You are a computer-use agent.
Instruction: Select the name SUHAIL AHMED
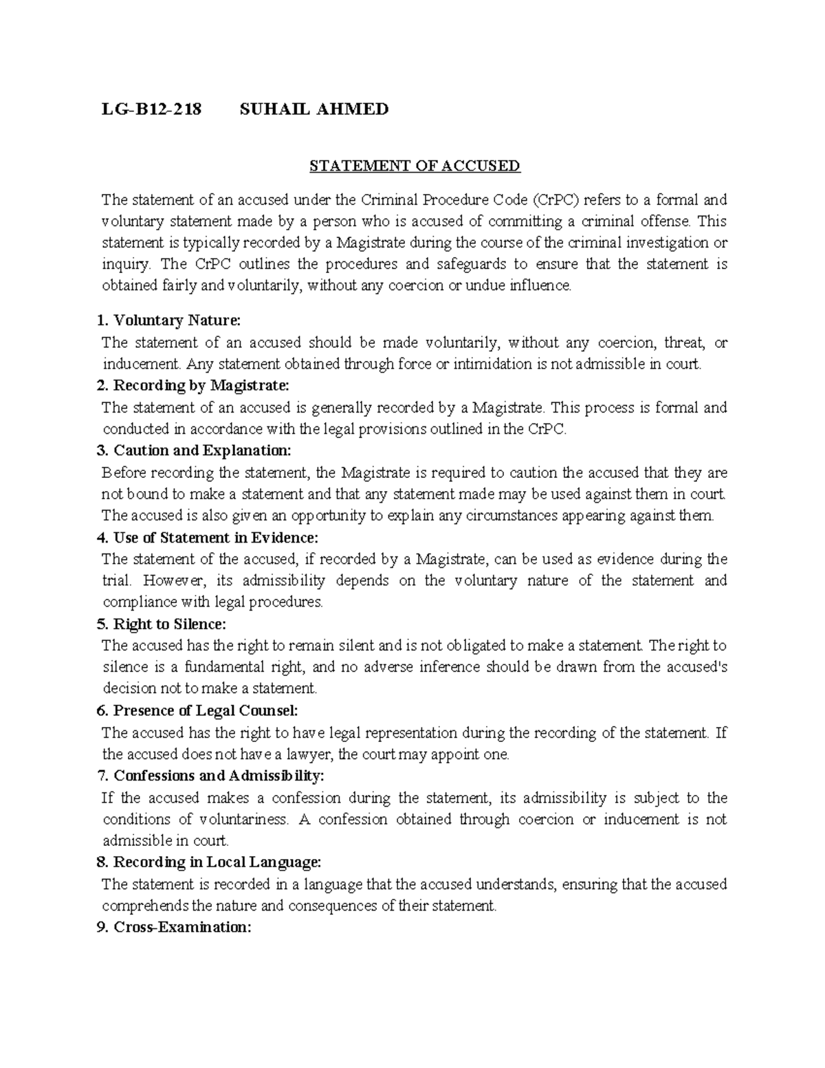point(313,109)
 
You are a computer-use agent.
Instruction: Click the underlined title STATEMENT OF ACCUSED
point(415,166)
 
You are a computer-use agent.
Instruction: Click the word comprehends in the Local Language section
point(146,906)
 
